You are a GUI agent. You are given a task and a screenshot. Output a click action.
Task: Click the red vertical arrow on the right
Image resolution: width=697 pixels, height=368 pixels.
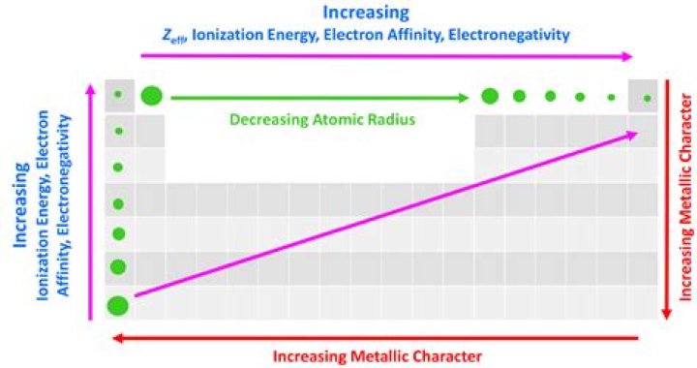(x=666, y=203)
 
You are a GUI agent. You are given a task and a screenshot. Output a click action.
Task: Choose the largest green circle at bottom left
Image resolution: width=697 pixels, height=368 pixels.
(x=118, y=306)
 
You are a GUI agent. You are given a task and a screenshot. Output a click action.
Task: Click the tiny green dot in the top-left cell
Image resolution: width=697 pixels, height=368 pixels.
(x=118, y=94)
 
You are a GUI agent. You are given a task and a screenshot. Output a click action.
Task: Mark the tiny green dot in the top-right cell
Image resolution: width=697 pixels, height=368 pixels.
(x=647, y=98)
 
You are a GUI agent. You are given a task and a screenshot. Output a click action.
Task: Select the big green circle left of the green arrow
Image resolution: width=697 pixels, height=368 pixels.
(x=151, y=95)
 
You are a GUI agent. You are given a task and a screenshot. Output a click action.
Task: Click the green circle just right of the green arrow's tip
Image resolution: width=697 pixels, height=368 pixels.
(x=490, y=96)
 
